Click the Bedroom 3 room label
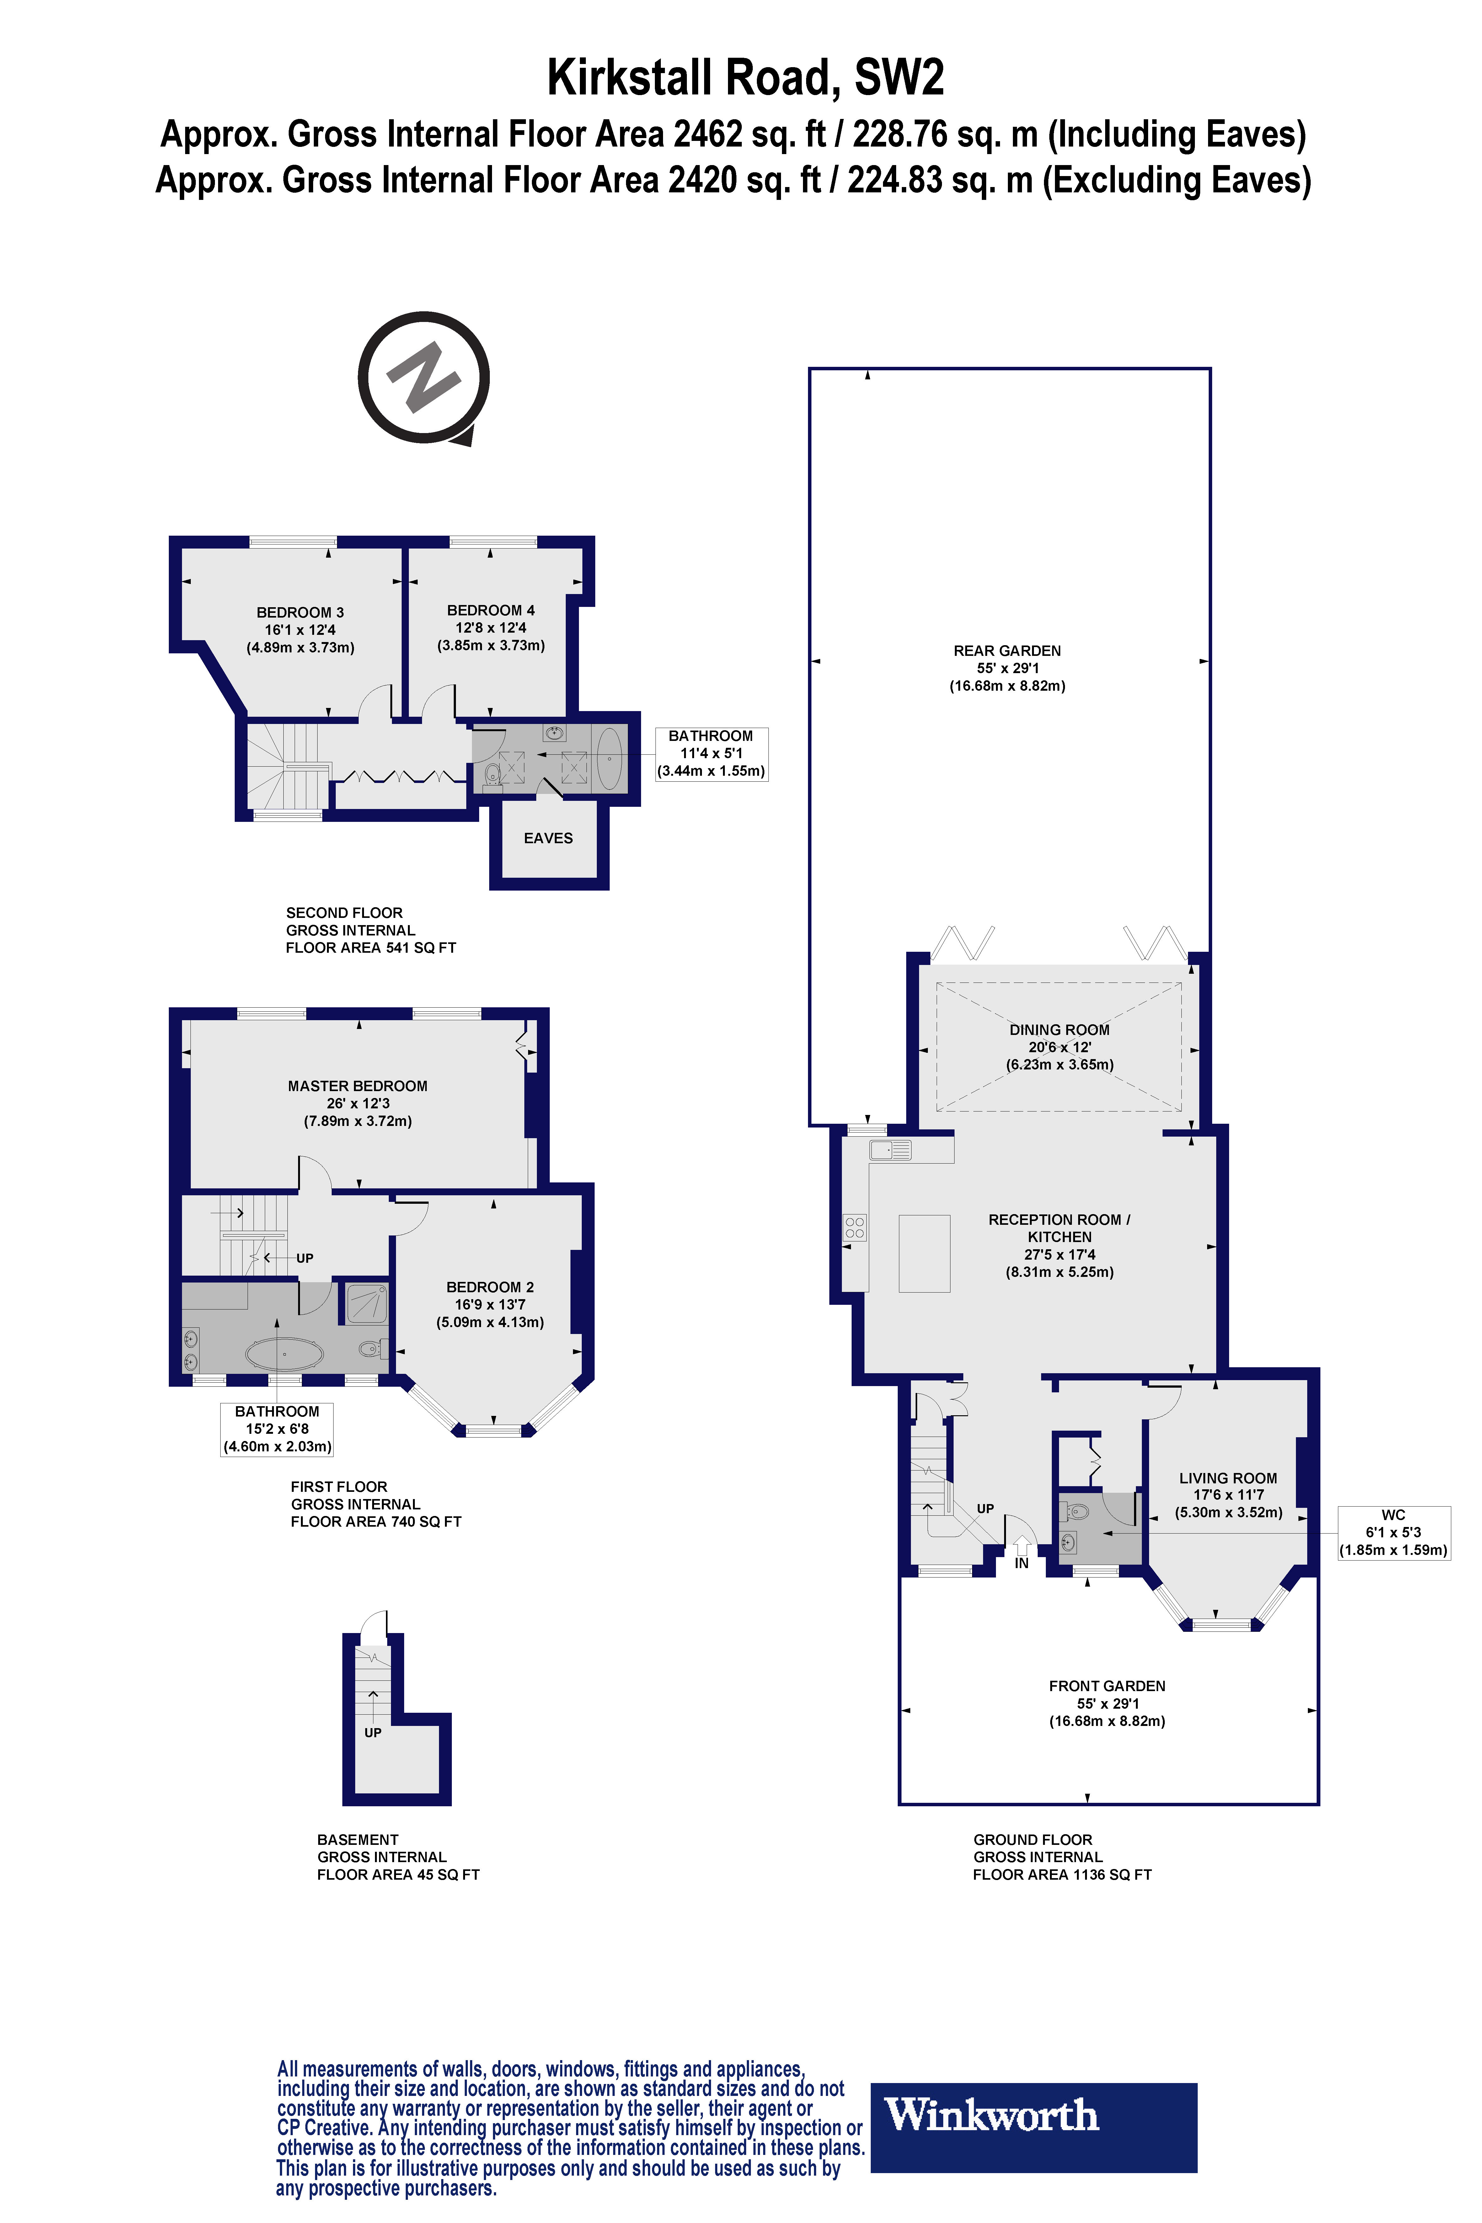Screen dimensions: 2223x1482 [301, 629]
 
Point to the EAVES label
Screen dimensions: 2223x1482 [548, 838]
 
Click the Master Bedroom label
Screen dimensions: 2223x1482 [357, 1103]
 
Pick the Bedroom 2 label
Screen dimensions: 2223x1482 [490, 1304]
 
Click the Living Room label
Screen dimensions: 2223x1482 [1228, 1494]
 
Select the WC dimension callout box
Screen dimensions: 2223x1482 [1393, 1532]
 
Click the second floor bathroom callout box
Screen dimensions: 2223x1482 [711, 753]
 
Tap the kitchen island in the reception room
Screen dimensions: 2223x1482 [923, 1253]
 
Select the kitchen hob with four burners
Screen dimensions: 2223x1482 [854, 1228]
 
